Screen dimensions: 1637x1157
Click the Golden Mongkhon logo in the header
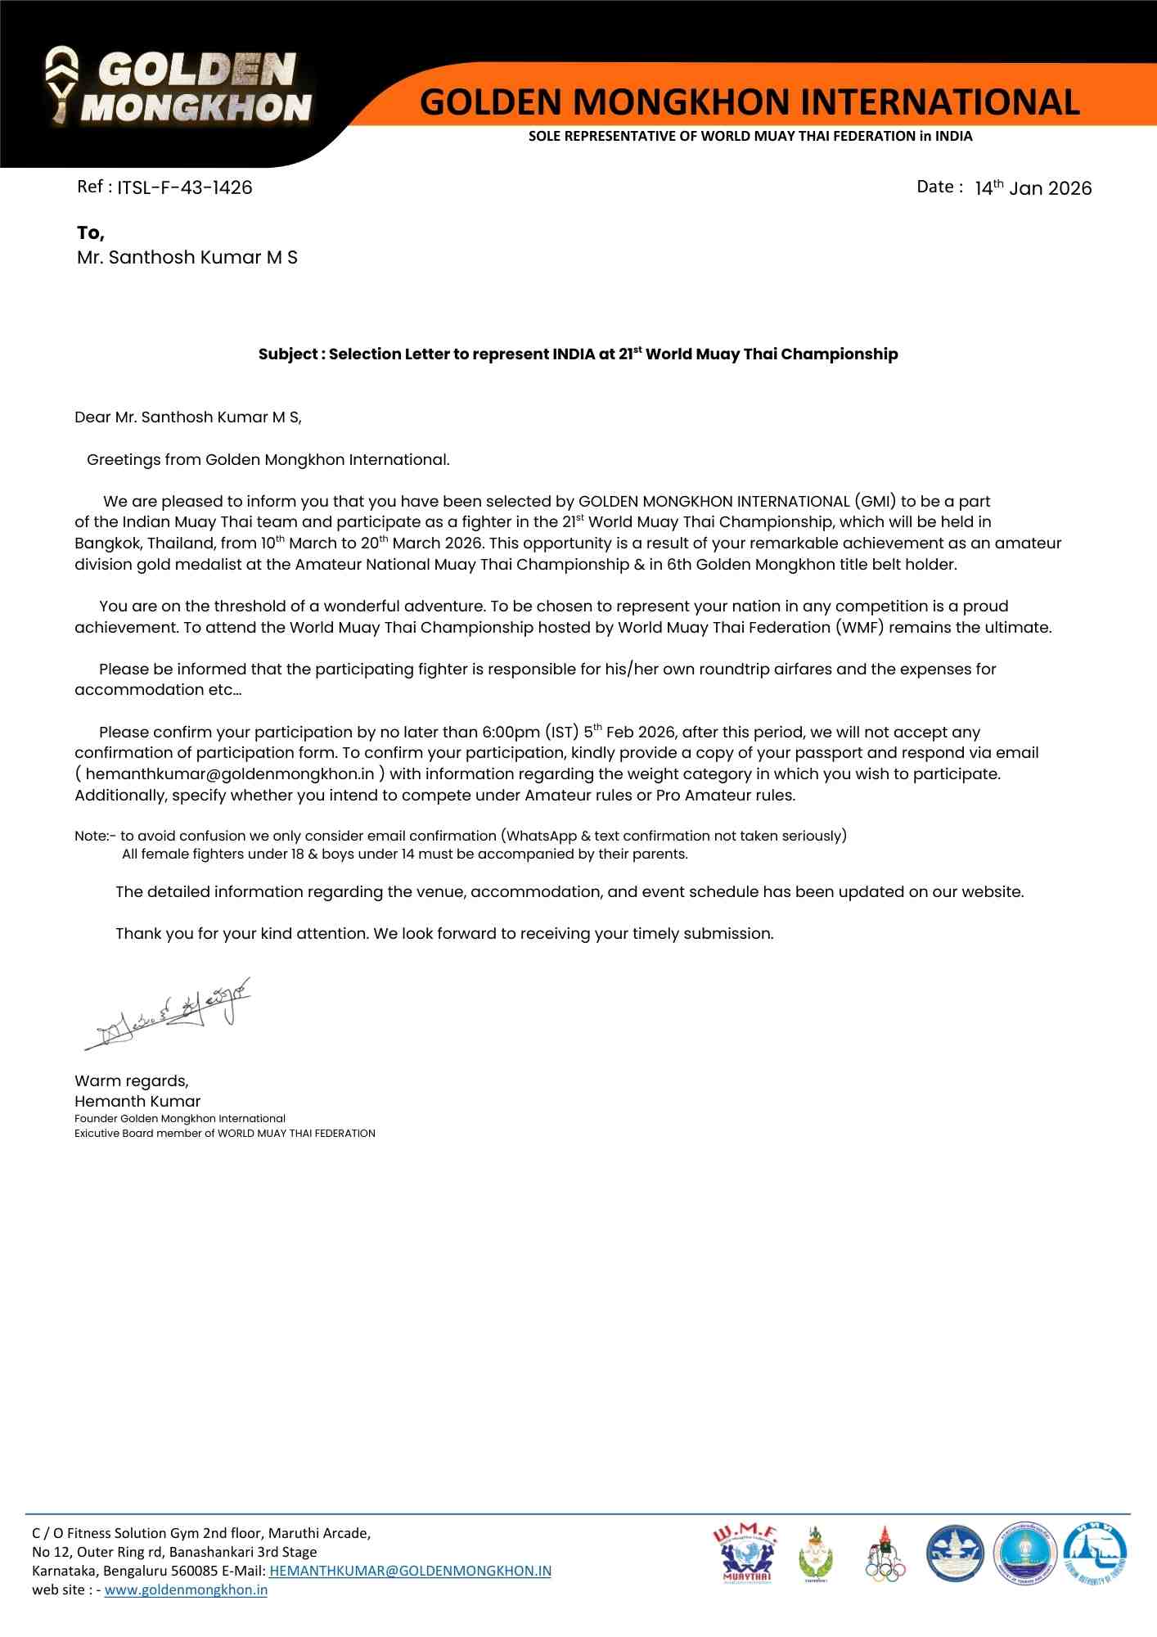178,88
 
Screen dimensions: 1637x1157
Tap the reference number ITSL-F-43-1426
184,187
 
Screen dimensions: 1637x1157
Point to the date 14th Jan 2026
1033,187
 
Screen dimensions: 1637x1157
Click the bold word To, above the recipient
91,233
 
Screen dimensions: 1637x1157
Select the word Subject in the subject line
288,354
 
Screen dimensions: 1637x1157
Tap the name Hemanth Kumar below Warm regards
137,1101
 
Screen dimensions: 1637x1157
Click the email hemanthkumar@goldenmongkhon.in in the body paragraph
230,773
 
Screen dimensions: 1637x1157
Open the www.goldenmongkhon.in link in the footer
186,1590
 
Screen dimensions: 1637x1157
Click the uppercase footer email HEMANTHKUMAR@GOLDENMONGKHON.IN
410,1571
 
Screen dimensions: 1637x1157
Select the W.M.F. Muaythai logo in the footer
745,1554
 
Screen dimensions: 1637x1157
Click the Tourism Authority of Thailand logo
1095,1553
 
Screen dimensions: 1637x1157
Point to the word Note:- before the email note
95,836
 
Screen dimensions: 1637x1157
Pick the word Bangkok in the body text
107,543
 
